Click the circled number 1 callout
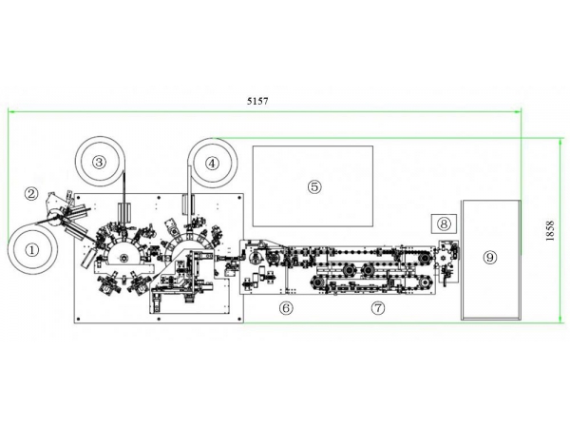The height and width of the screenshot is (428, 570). pos(32,251)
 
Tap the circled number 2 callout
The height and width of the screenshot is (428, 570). pos(31,193)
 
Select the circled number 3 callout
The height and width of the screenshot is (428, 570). pos(99,163)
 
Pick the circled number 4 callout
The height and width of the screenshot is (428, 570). pos(212,163)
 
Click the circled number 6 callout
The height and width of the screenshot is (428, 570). pos(286,307)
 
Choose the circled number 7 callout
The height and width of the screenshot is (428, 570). pos(378,307)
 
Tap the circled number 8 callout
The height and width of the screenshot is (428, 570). pos(444,224)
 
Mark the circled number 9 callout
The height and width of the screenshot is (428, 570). pos(489,257)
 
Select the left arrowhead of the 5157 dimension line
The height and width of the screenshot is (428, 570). pos(11,111)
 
